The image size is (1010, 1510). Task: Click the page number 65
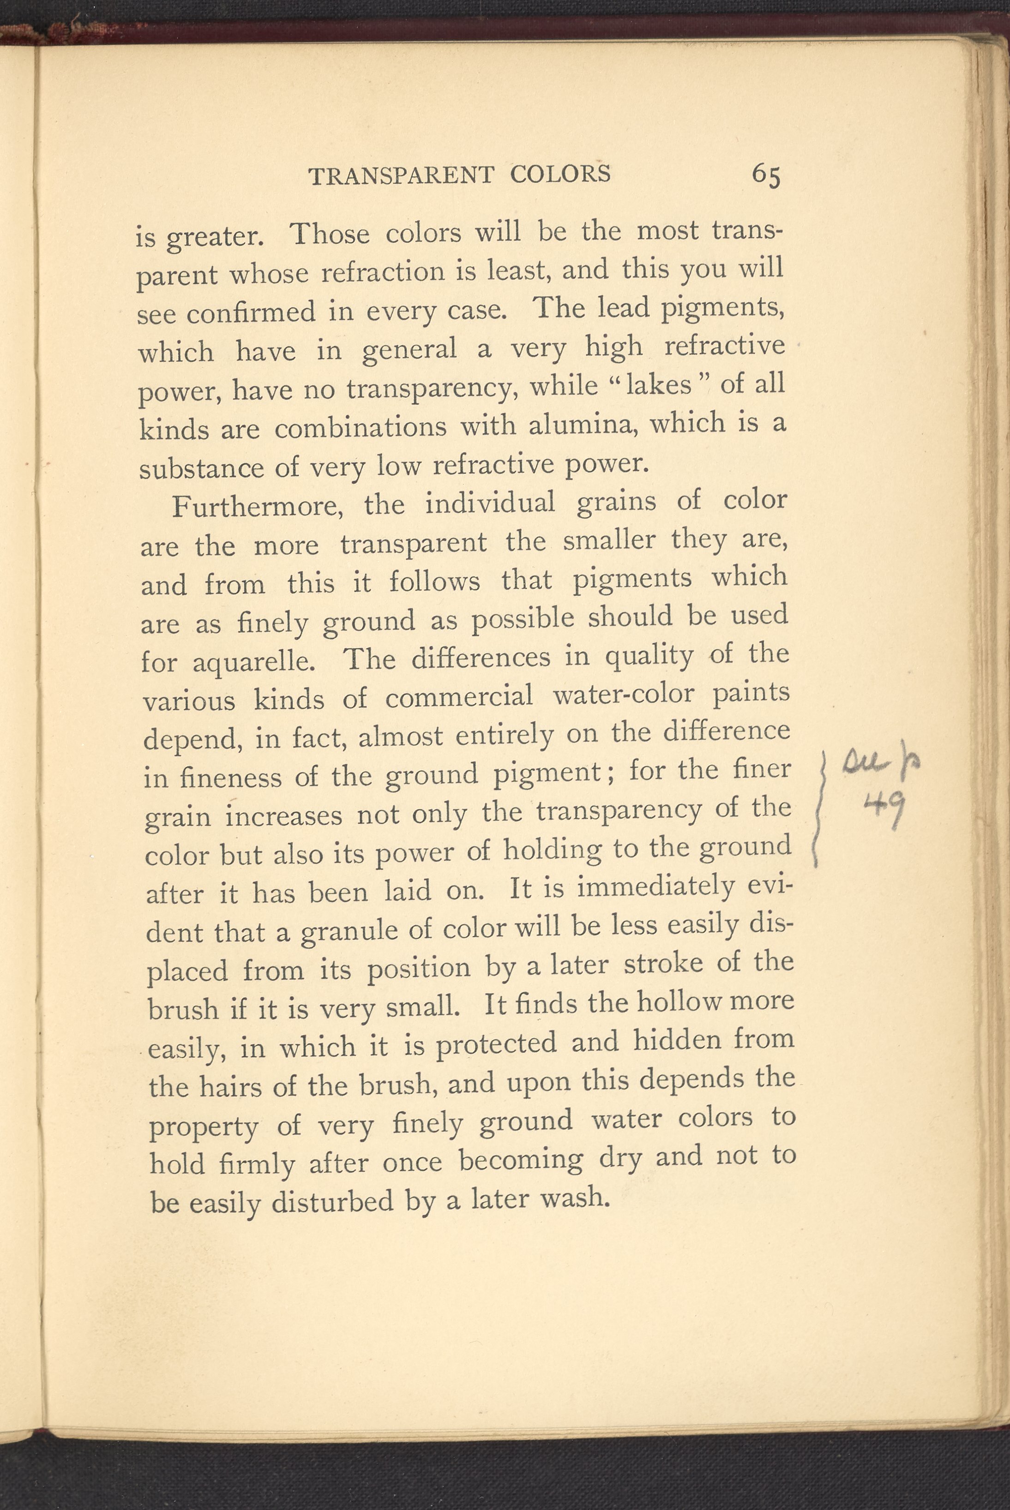(766, 175)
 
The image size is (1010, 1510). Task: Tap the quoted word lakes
(658, 384)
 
